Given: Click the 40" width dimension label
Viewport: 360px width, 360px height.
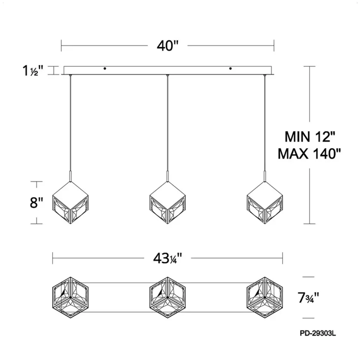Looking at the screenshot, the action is point(168,46).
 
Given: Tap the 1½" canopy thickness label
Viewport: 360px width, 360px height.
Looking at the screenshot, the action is point(33,70).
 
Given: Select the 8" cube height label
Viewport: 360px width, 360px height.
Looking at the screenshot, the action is point(37,202).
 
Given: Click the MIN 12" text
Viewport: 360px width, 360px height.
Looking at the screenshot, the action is point(310,137).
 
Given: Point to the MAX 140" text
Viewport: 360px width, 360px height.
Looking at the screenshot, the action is point(309,154).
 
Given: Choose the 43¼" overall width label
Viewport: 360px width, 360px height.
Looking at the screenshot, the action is point(168,258).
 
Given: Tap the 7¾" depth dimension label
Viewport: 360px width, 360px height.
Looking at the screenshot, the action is point(308,298).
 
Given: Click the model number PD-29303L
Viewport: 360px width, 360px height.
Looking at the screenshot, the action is point(318,333).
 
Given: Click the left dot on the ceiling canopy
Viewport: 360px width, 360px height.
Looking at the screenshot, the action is point(105,69).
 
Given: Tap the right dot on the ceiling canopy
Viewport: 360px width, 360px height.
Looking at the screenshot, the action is point(230,69).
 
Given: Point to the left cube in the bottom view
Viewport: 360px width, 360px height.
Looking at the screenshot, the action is point(70,297).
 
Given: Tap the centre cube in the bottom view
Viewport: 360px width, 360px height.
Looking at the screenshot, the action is point(168,297).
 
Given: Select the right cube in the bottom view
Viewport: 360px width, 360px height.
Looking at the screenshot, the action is point(265,297).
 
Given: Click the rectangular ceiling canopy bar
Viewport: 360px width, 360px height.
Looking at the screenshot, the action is point(168,70).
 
